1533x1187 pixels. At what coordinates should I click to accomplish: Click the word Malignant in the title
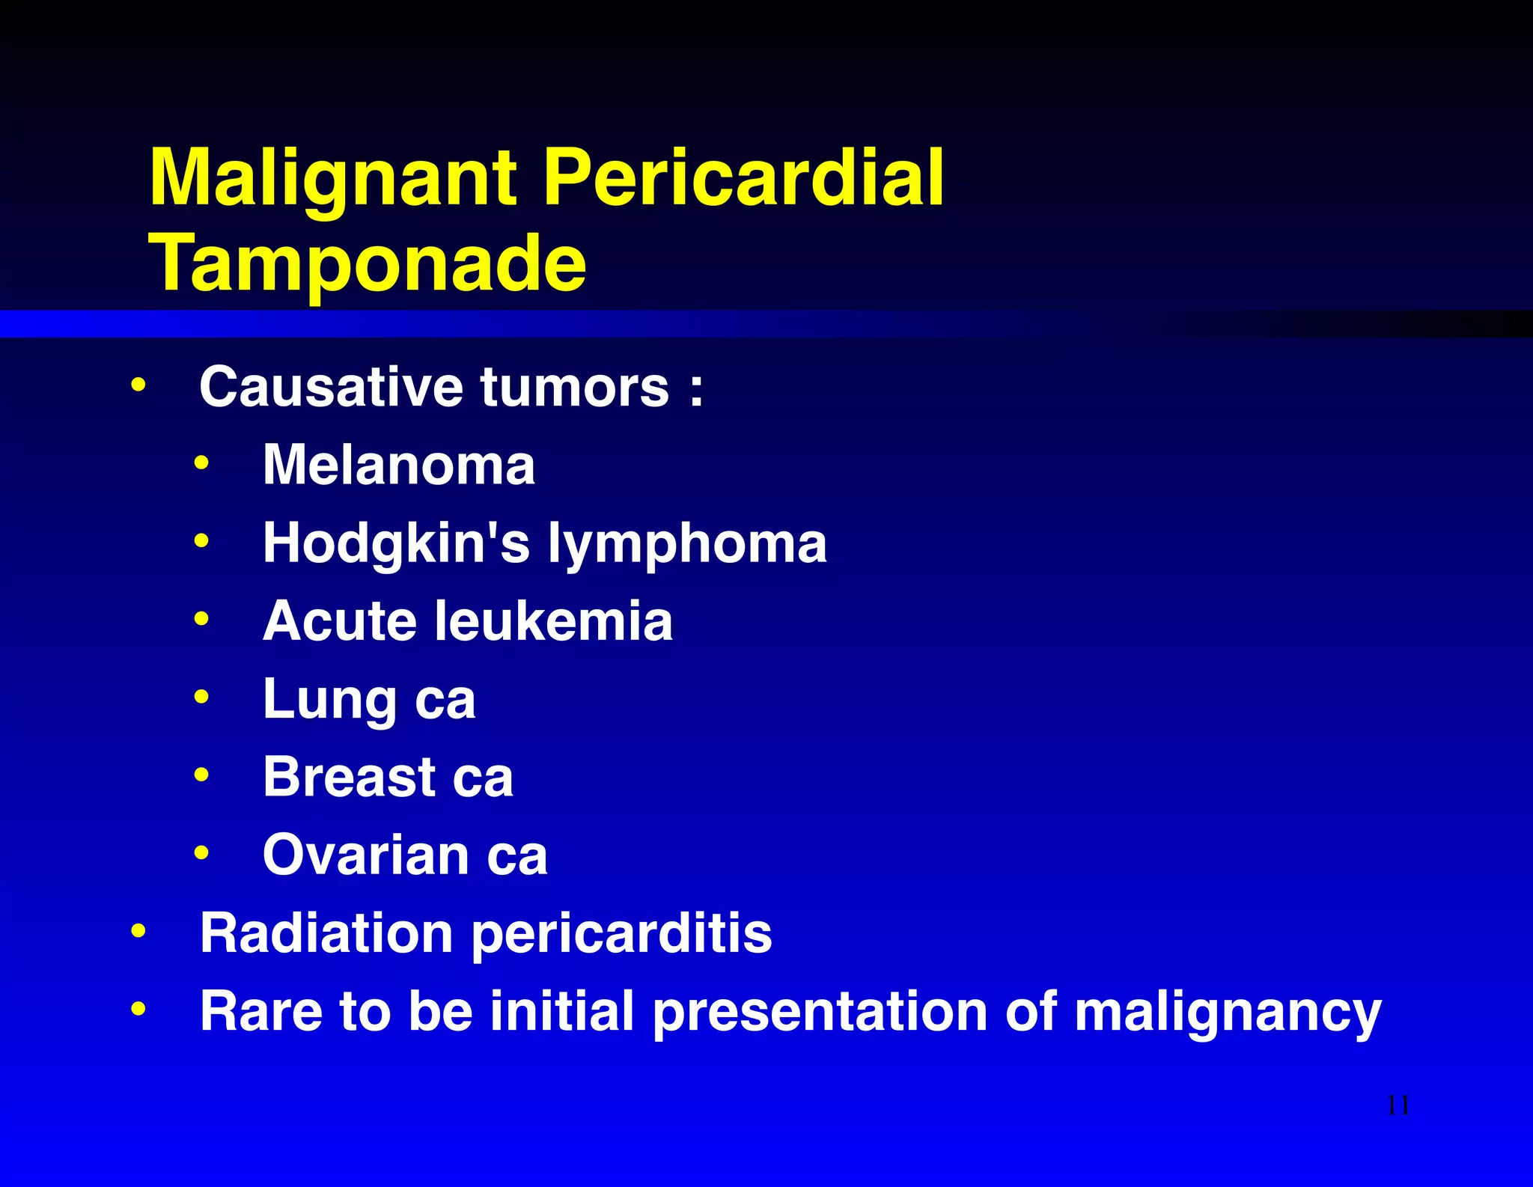point(333,180)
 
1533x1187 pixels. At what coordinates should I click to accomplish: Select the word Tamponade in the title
point(368,263)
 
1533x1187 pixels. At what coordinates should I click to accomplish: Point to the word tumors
point(574,387)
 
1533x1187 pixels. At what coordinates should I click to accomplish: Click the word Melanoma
point(399,465)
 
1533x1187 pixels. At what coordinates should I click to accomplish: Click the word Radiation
point(326,933)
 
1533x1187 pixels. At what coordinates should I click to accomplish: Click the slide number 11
point(1398,1105)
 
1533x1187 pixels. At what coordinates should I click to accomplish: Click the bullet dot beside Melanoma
point(201,463)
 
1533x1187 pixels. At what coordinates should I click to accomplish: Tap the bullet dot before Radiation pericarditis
point(138,932)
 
